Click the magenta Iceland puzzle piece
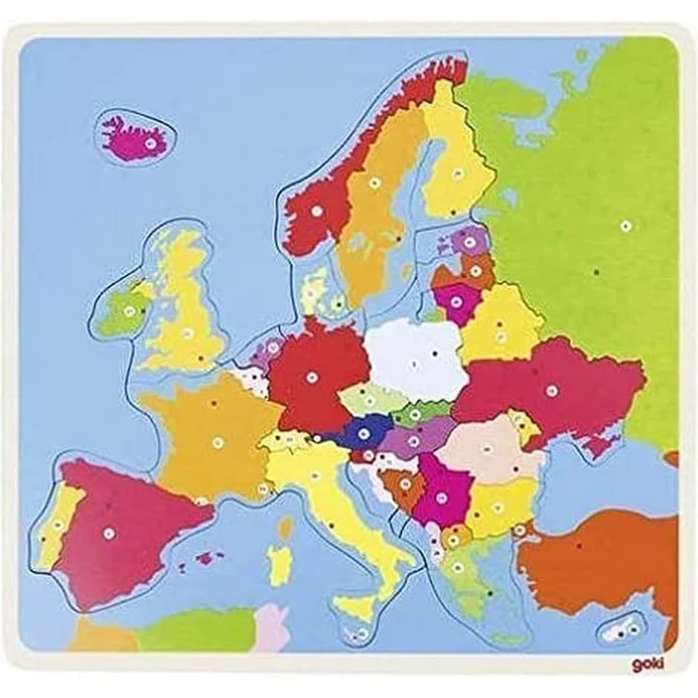point(135,138)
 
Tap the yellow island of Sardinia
point(278,564)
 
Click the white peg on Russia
point(626,225)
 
